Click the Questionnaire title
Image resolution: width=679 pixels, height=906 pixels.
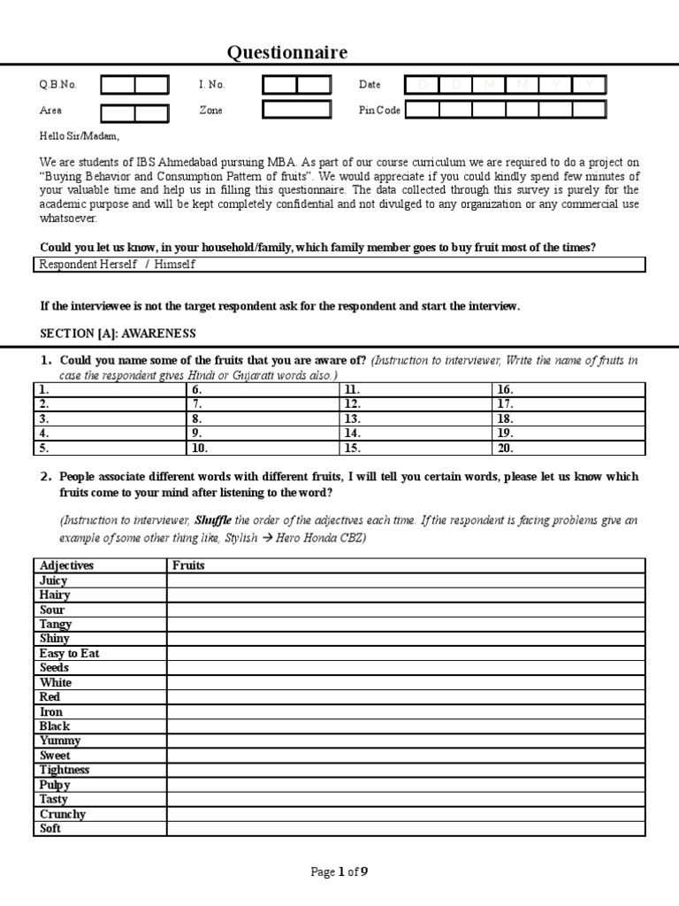(x=287, y=53)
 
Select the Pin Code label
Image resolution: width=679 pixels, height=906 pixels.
(x=379, y=111)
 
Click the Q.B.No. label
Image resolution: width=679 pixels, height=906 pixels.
(x=57, y=85)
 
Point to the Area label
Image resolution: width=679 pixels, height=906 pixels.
(x=50, y=111)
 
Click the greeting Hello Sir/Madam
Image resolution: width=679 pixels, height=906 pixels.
(x=78, y=136)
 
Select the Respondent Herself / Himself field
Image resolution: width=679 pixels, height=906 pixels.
(x=339, y=265)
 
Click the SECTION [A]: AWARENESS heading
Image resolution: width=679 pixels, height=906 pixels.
(x=118, y=334)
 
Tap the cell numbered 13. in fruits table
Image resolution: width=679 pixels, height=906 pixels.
(x=415, y=418)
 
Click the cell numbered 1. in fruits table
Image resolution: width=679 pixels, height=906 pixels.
(x=110, y=389)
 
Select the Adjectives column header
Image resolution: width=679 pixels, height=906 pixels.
(x=66, y=565)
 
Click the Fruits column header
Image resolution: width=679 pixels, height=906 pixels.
(x=188, y=565)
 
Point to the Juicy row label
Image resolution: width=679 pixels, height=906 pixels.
(x=53, y=580)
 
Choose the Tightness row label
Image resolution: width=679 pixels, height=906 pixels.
(x=65, y=770)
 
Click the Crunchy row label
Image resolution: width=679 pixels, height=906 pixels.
(x=62, y=814)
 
